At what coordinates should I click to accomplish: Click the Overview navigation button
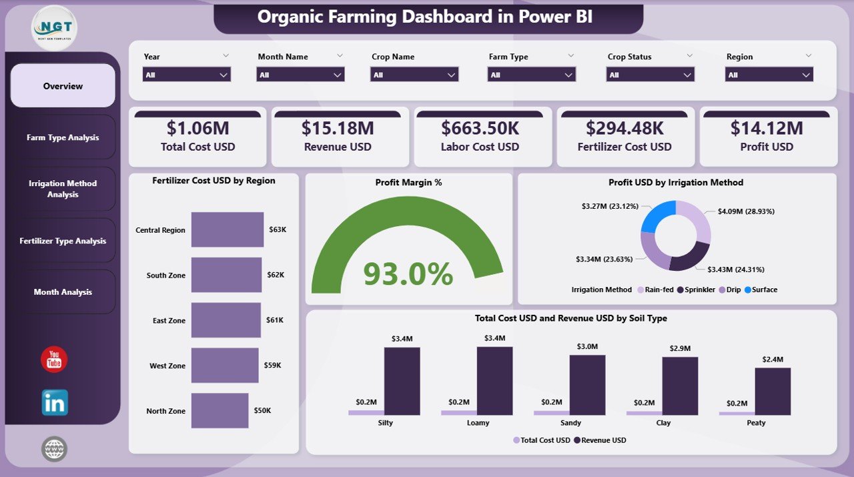click(63, 86)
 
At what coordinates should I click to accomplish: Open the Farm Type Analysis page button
click(63, 137)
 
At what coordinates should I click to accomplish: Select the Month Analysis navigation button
click(63, 292)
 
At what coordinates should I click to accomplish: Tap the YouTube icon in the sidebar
click(54, 360)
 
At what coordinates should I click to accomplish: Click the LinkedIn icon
click(54, 402)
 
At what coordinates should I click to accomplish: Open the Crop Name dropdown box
click(414, 75)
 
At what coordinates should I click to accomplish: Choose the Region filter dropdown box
click(769, 75)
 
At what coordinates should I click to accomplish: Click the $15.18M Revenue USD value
click(338, 128)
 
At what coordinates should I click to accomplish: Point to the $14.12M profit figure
click(767, 128)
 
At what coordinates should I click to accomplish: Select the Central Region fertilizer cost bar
click(227, 229)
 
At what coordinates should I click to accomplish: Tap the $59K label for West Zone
click(273, 366)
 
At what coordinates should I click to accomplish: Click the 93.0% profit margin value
click(408, 274)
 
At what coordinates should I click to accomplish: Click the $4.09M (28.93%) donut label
click(746, 211)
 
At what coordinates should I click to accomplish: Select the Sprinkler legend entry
click(697, 290)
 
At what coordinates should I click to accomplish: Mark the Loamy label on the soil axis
click(478, 423)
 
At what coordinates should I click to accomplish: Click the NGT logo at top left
click(54, 27)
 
